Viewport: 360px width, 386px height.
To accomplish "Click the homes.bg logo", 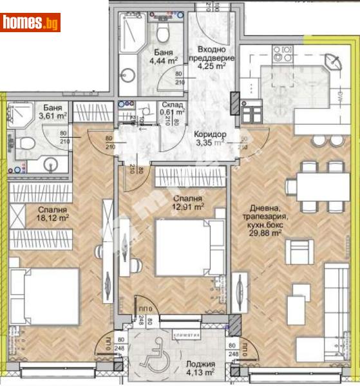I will click(x=30, y=23).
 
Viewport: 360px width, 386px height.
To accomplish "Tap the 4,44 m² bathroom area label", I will click(x=157, y=62).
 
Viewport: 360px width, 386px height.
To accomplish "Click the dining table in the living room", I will click(x=319, y=187).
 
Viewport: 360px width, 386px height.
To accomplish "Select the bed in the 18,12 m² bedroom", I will click(x=45, y=297).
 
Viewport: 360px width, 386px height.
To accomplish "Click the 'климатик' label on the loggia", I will click(x=187, y=335).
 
